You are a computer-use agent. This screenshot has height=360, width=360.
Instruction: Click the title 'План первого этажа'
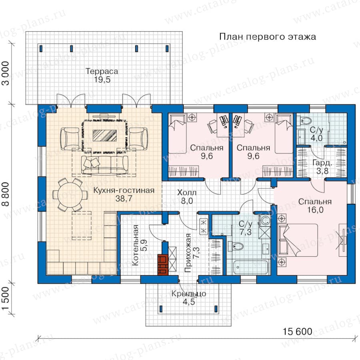pyautogui.click(x=268, y=37)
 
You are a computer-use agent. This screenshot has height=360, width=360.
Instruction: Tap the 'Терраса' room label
pyautogui.click(x=102, y=71)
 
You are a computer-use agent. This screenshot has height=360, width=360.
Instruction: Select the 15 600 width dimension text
pyautogui.click(x=297, y=332)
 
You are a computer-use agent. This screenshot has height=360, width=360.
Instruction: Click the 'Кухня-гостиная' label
pyautogui.click(x=124, y=190)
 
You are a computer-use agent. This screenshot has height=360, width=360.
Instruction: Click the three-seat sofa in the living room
pyautogui.click(x=105, y=165)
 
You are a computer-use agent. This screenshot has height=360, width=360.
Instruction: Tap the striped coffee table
pyautogui.click(x=104, y=136)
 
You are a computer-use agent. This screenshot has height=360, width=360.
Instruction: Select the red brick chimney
pyautogui.click(x=163, y=264)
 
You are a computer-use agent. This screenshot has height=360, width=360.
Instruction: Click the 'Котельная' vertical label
pyautogui.click(x=136, y=245)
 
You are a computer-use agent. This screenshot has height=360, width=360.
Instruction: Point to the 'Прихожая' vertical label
pyautogui.click(x=188, y=253)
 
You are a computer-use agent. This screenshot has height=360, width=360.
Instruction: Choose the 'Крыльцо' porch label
pyautogui.click(x=189, y=294)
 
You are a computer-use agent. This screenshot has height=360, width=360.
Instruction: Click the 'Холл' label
pyautogui.click(x=187, y=192)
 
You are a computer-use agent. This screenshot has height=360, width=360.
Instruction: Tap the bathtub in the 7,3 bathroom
pyautogui.click(x=251, y=267)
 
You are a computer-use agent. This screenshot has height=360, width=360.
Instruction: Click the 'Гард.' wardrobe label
pyautogui.click(x=322, y=163)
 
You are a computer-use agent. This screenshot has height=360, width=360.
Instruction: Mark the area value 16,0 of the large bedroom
pyautogui.click(x=315, y=210)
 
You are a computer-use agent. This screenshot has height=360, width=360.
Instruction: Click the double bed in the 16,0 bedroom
pyautogui.click(x=298, y=240)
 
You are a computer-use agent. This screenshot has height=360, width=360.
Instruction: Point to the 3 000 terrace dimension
pyautogui.click(x=6, y=73)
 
